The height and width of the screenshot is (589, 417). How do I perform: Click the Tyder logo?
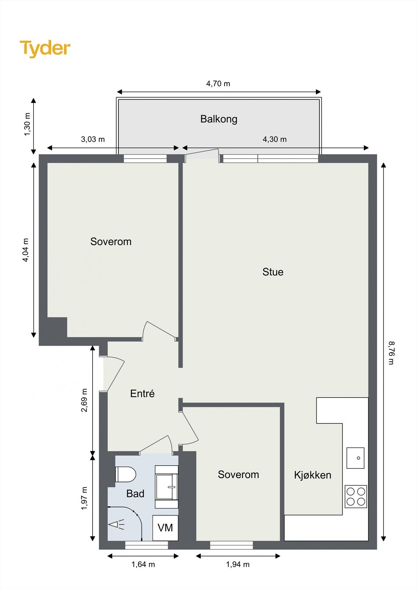45,49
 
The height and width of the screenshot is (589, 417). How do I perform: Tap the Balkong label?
219,119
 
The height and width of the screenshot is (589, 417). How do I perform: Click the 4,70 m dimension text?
218,84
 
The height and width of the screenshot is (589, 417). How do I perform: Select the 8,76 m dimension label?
391,352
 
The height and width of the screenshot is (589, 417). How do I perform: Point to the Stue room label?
273,272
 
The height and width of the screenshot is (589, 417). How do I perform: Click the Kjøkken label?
312,475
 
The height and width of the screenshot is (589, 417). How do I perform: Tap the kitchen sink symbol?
355,458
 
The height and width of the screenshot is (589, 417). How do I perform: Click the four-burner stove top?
356,496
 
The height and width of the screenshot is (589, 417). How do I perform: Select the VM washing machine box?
165,528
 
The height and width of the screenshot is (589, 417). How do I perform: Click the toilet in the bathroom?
125,474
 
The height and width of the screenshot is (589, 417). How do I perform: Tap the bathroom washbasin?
167,487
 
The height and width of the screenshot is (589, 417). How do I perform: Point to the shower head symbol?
117,525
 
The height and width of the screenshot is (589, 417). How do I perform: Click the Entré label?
142,394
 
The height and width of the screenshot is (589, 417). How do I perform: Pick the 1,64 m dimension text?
143,564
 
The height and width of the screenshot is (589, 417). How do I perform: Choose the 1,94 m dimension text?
238,564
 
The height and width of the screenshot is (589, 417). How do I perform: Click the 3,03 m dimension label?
93,139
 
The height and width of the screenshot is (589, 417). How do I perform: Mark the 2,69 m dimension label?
84,400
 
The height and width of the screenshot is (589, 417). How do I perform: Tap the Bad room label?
135,494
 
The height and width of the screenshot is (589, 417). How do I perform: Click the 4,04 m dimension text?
25,250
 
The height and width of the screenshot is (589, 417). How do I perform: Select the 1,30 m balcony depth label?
27,124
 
